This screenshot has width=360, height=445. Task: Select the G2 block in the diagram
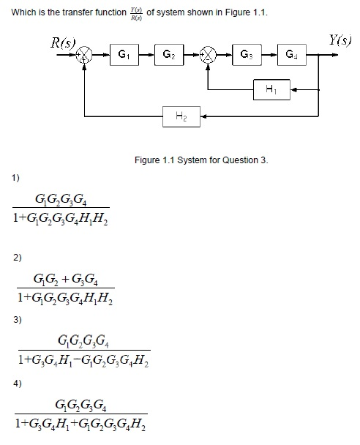(x=168, y=54)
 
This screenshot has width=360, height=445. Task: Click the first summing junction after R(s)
(x=87, y=55)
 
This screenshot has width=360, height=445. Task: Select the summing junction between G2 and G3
(x=210, y=55)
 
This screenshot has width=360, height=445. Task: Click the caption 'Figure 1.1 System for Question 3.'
(x=201, y=160)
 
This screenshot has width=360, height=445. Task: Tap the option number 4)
(x=16, y=383)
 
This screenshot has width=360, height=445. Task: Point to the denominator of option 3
(x=84, y=360)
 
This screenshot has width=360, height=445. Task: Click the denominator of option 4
(x=84, y=424)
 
